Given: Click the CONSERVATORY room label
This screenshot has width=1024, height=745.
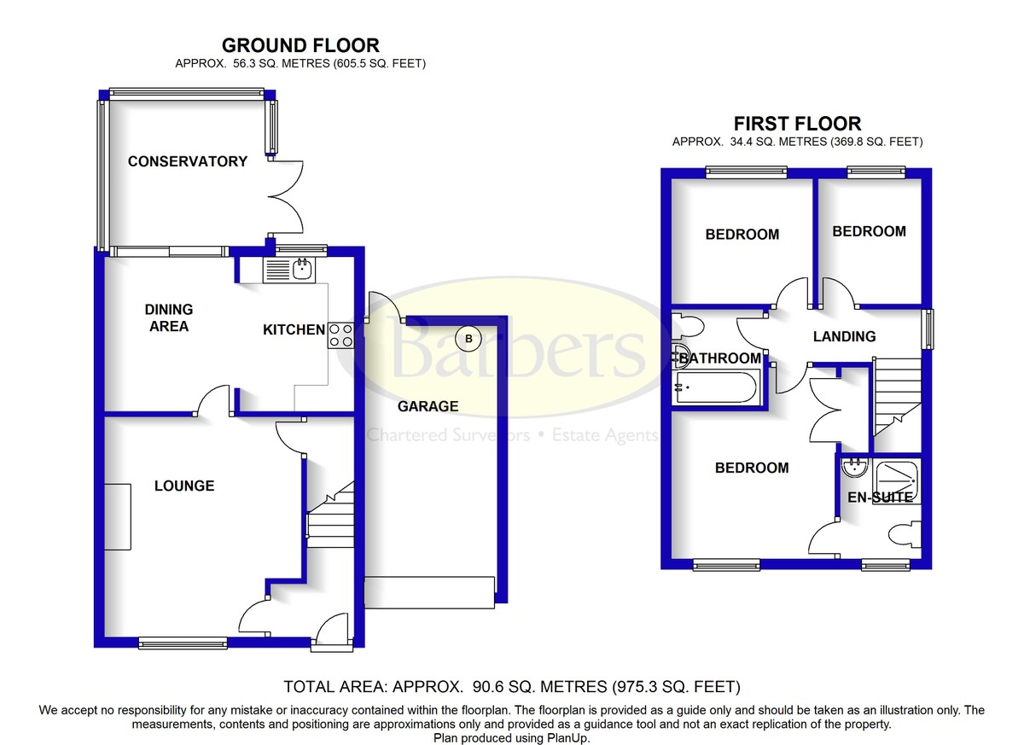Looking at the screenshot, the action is click(x=188, y=161).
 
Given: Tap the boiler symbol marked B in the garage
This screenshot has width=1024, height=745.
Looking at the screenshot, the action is click(x=468, y=339).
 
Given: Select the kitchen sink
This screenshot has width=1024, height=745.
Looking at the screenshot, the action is click(x=301, y=271).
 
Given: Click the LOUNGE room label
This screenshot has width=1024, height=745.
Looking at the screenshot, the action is click(x=184, y=486).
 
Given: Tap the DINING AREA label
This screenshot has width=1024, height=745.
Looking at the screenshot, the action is click(x=169, y=317).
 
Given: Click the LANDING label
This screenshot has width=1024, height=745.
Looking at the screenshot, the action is click(x=844, y=336).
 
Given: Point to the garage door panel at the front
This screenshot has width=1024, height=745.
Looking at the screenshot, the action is click(x=430, y=592).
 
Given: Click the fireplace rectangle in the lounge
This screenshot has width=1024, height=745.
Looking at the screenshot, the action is click(x=119, y=516).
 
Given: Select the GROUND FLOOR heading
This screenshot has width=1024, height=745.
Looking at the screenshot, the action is click(x=300, y=46).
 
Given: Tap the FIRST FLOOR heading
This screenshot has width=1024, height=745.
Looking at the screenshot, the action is click(x=798, y=124).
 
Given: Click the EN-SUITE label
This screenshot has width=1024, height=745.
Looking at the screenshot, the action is click(x=880, y=497).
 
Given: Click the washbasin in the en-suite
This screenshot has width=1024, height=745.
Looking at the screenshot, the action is click(x=853, y=469).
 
